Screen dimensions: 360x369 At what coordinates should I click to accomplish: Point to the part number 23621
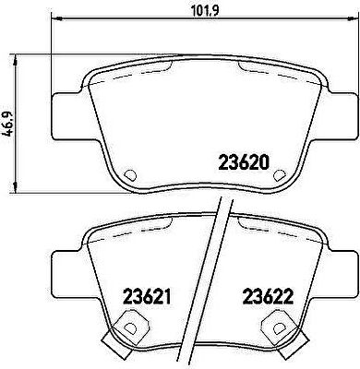(147, 296)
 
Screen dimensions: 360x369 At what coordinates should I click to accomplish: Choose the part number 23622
(268, 296)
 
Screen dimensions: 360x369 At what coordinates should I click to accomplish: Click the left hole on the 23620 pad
(130, 175)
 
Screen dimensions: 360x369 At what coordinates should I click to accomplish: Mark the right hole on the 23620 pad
(279, 175)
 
